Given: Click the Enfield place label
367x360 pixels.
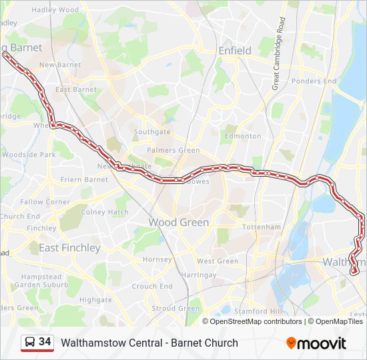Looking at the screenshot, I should tap(235, 51).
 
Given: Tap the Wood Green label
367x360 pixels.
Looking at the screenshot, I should tap(178, 222).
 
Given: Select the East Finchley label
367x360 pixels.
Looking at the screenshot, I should tap(69, 247).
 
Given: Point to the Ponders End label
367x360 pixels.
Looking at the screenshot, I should tap(314, 81).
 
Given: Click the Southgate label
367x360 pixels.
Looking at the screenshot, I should tap(152, 132).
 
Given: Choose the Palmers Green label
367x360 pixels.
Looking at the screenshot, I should tap(173, 151).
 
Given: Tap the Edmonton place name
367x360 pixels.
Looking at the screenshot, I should tap(243, 136).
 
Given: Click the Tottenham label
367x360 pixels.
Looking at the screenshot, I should tap(262, 227).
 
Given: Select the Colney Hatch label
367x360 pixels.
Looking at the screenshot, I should tap(105, 212).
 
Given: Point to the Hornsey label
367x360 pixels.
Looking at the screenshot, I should tap(157, 259).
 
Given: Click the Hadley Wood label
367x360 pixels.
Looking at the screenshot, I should tap(55, 10).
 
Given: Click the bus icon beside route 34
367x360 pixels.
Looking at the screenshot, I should tap(29, 343).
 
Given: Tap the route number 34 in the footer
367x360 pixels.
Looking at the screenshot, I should tap(45, 342).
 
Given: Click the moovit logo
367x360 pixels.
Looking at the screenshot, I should tap(316, 343).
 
